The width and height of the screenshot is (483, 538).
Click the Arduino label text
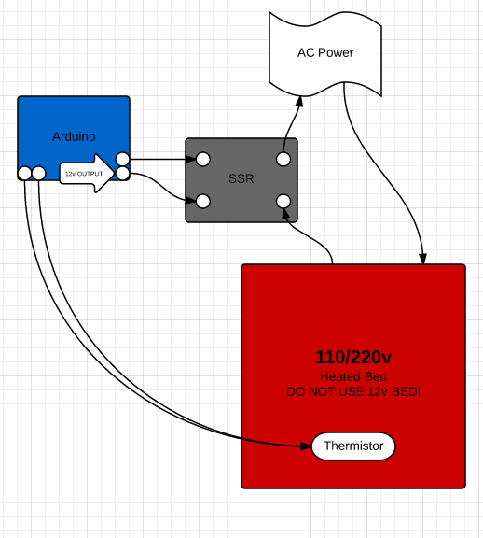point(74,136)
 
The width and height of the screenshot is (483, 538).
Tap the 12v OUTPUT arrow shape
point(87,174)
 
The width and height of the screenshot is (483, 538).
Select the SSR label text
point(241,178)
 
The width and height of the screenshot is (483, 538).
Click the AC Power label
point(325,52)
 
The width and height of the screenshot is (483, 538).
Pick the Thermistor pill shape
point(353,446)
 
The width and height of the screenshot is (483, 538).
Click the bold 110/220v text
point(353,357)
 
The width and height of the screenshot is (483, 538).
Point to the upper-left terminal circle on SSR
point(202,159)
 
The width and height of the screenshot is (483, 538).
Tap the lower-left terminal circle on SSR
point(202,202)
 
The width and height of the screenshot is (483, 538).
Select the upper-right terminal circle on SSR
point(283,159)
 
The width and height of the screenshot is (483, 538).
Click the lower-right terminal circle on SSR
point(283,202)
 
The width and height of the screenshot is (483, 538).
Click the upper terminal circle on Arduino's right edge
point(122,159)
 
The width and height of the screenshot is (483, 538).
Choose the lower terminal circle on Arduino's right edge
point(122,174)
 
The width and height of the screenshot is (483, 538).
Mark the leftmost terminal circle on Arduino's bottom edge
point(24,174)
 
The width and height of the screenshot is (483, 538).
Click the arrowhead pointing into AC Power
point(298,101)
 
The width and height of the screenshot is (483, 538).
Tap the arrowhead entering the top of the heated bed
point(423,259)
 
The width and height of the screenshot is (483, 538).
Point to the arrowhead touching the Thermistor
point(306,446)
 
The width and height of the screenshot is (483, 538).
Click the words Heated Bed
point(353,376)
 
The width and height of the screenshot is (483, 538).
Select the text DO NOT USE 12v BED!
point(353,392)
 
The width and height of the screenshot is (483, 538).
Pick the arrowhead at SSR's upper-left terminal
point(190,159)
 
